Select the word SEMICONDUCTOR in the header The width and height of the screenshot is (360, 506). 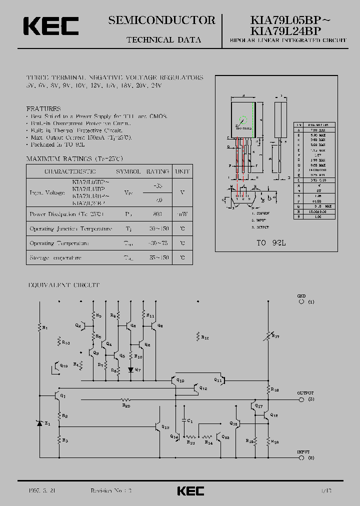click(x=161, y=20)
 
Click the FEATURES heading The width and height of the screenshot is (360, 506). click(x=43, y=108)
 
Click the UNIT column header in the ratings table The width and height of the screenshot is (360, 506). click(x=182, y=171)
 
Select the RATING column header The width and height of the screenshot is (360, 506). click(x=157, y=171)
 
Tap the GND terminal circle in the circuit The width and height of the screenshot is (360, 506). click(x=301, y=302)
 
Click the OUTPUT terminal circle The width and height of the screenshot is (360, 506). click(x=301, y=399)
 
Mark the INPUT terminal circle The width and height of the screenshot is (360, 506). click(x=301, y=457)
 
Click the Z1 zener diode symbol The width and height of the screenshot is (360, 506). click(x=40, y=423)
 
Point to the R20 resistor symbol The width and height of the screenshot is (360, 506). click(x=126, y=399)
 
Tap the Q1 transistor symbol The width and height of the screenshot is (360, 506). click(x=56, y=395)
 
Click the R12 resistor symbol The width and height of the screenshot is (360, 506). click(x=198, y=336)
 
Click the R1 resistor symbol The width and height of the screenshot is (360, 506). click(x=40, y=327)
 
